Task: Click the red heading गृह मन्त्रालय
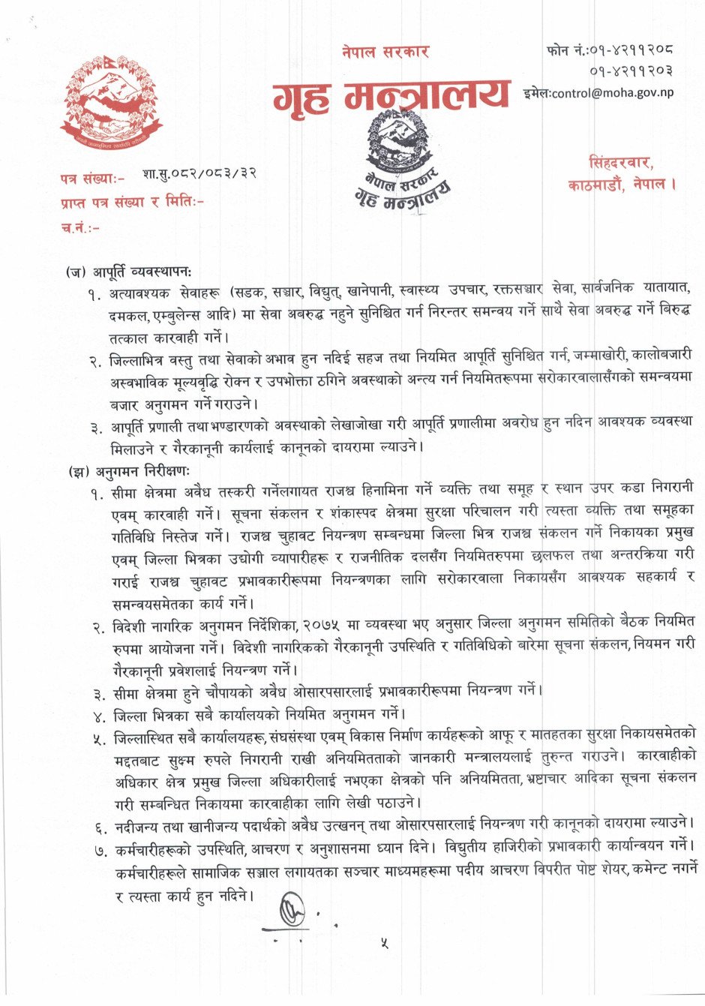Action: (390, 98)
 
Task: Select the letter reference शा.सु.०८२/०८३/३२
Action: (199, 174)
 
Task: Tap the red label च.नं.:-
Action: (80, 227)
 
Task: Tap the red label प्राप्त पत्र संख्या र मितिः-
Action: (132, 203)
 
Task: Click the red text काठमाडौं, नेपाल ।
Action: (622, 185)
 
